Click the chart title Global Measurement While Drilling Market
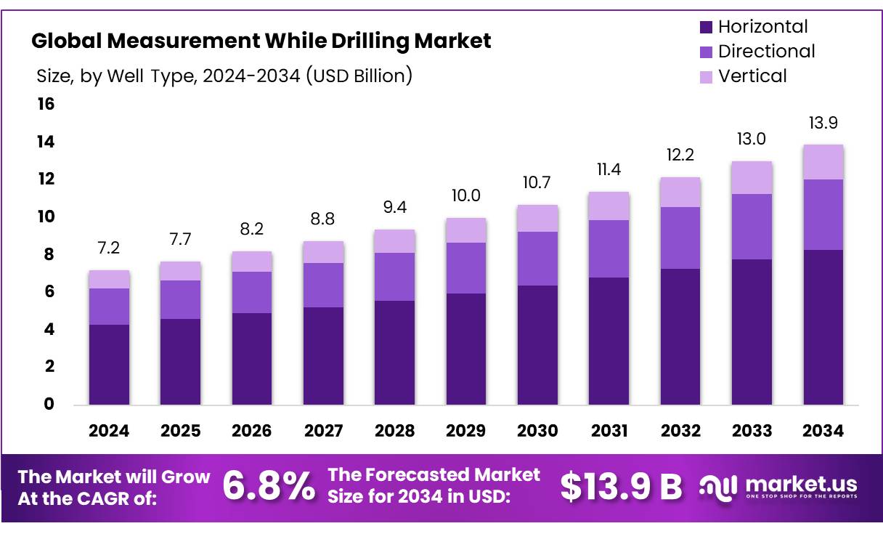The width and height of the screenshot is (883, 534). (x=261, y=41)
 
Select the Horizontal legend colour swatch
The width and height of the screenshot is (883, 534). (x=706, y=28)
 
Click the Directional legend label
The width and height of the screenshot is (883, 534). (x=766, y=52)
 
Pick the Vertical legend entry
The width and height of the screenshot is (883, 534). (x=752, y=76)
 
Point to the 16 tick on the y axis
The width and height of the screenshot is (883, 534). (x=46, y=104)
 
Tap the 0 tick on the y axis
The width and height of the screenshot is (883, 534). (x=49, y=404)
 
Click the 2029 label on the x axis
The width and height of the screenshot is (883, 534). (x=465, y=431)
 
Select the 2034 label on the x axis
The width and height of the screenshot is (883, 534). (x=823, y=431)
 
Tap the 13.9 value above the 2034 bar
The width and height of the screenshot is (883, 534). (x=823, y=123)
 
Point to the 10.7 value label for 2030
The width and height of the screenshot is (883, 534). (x=537, y=183)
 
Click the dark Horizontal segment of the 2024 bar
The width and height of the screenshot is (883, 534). (x=109, y=364)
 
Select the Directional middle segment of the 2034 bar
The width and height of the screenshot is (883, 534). (x=823, y=214)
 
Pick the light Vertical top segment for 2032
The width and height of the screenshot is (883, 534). (x=680, y=192)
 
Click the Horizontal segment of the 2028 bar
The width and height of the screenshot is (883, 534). (x=394, y=352)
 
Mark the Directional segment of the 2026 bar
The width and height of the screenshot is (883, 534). (x=251, y=292)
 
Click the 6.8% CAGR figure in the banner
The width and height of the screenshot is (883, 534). (x=269, y=487)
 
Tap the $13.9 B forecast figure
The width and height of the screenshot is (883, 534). (x=621, y=487)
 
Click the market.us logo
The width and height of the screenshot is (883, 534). (x=778, y=486)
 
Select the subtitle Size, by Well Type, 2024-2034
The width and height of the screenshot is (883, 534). (x=224, y=76)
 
